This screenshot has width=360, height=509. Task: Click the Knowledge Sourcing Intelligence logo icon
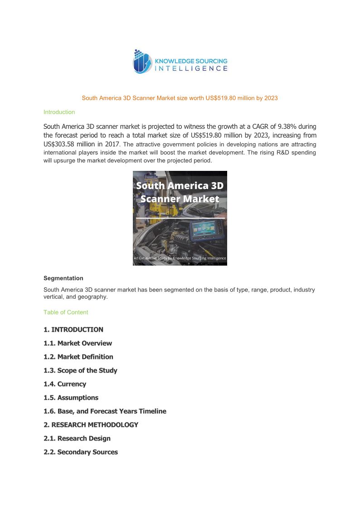(142, 62)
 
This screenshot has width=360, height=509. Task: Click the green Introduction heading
(59, 112)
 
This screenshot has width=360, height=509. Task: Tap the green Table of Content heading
(66, 312)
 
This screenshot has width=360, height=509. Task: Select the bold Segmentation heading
(63, 278)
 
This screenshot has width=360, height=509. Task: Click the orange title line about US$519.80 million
(180, 98)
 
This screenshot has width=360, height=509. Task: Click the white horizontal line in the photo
(180, 218)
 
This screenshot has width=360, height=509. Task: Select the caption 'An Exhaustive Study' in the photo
(180, 258)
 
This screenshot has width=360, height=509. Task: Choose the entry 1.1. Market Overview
(78, 343)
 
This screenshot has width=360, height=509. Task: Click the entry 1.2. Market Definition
(78, 357)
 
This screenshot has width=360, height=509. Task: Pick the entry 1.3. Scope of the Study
(80, 370)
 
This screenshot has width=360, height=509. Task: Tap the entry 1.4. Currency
(65, 384)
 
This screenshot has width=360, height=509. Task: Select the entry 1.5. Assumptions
(71, 398)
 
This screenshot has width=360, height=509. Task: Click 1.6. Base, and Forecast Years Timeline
(105, 411)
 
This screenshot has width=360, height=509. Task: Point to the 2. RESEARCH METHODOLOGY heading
(91, 425)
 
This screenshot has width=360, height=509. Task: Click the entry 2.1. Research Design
(77, 438)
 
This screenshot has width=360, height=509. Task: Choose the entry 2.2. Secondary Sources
(81, 452)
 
